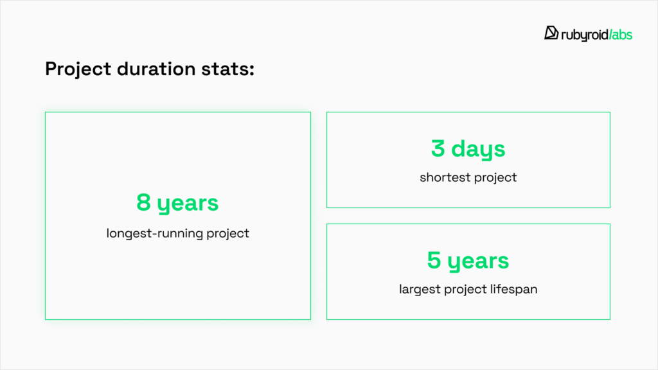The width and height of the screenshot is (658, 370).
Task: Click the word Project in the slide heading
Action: [x=78, y=69]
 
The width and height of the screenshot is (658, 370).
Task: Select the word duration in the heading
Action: [x=156, y=68]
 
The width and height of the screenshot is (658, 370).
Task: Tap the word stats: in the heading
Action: [x=228, y=69]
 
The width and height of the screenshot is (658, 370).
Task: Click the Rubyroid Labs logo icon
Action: [x=551, y=33]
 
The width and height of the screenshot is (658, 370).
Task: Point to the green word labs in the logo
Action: [x=622, y=35]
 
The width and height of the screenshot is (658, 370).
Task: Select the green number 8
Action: [x=143, y=202]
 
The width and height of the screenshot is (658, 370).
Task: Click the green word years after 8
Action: [x=188, y=204]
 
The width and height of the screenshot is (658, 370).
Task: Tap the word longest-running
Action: [x=154, y=233]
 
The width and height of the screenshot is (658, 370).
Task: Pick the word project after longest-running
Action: [x=228, y=234]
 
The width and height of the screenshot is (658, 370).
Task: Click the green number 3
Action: [x=438, y=148]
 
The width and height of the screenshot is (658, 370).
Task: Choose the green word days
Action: [x=478, y=150]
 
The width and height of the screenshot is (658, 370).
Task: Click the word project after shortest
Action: [x=495, y=178]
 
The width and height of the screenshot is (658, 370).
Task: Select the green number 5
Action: [x=434, y=260]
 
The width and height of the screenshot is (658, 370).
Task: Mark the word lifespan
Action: [x=513, y=290]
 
